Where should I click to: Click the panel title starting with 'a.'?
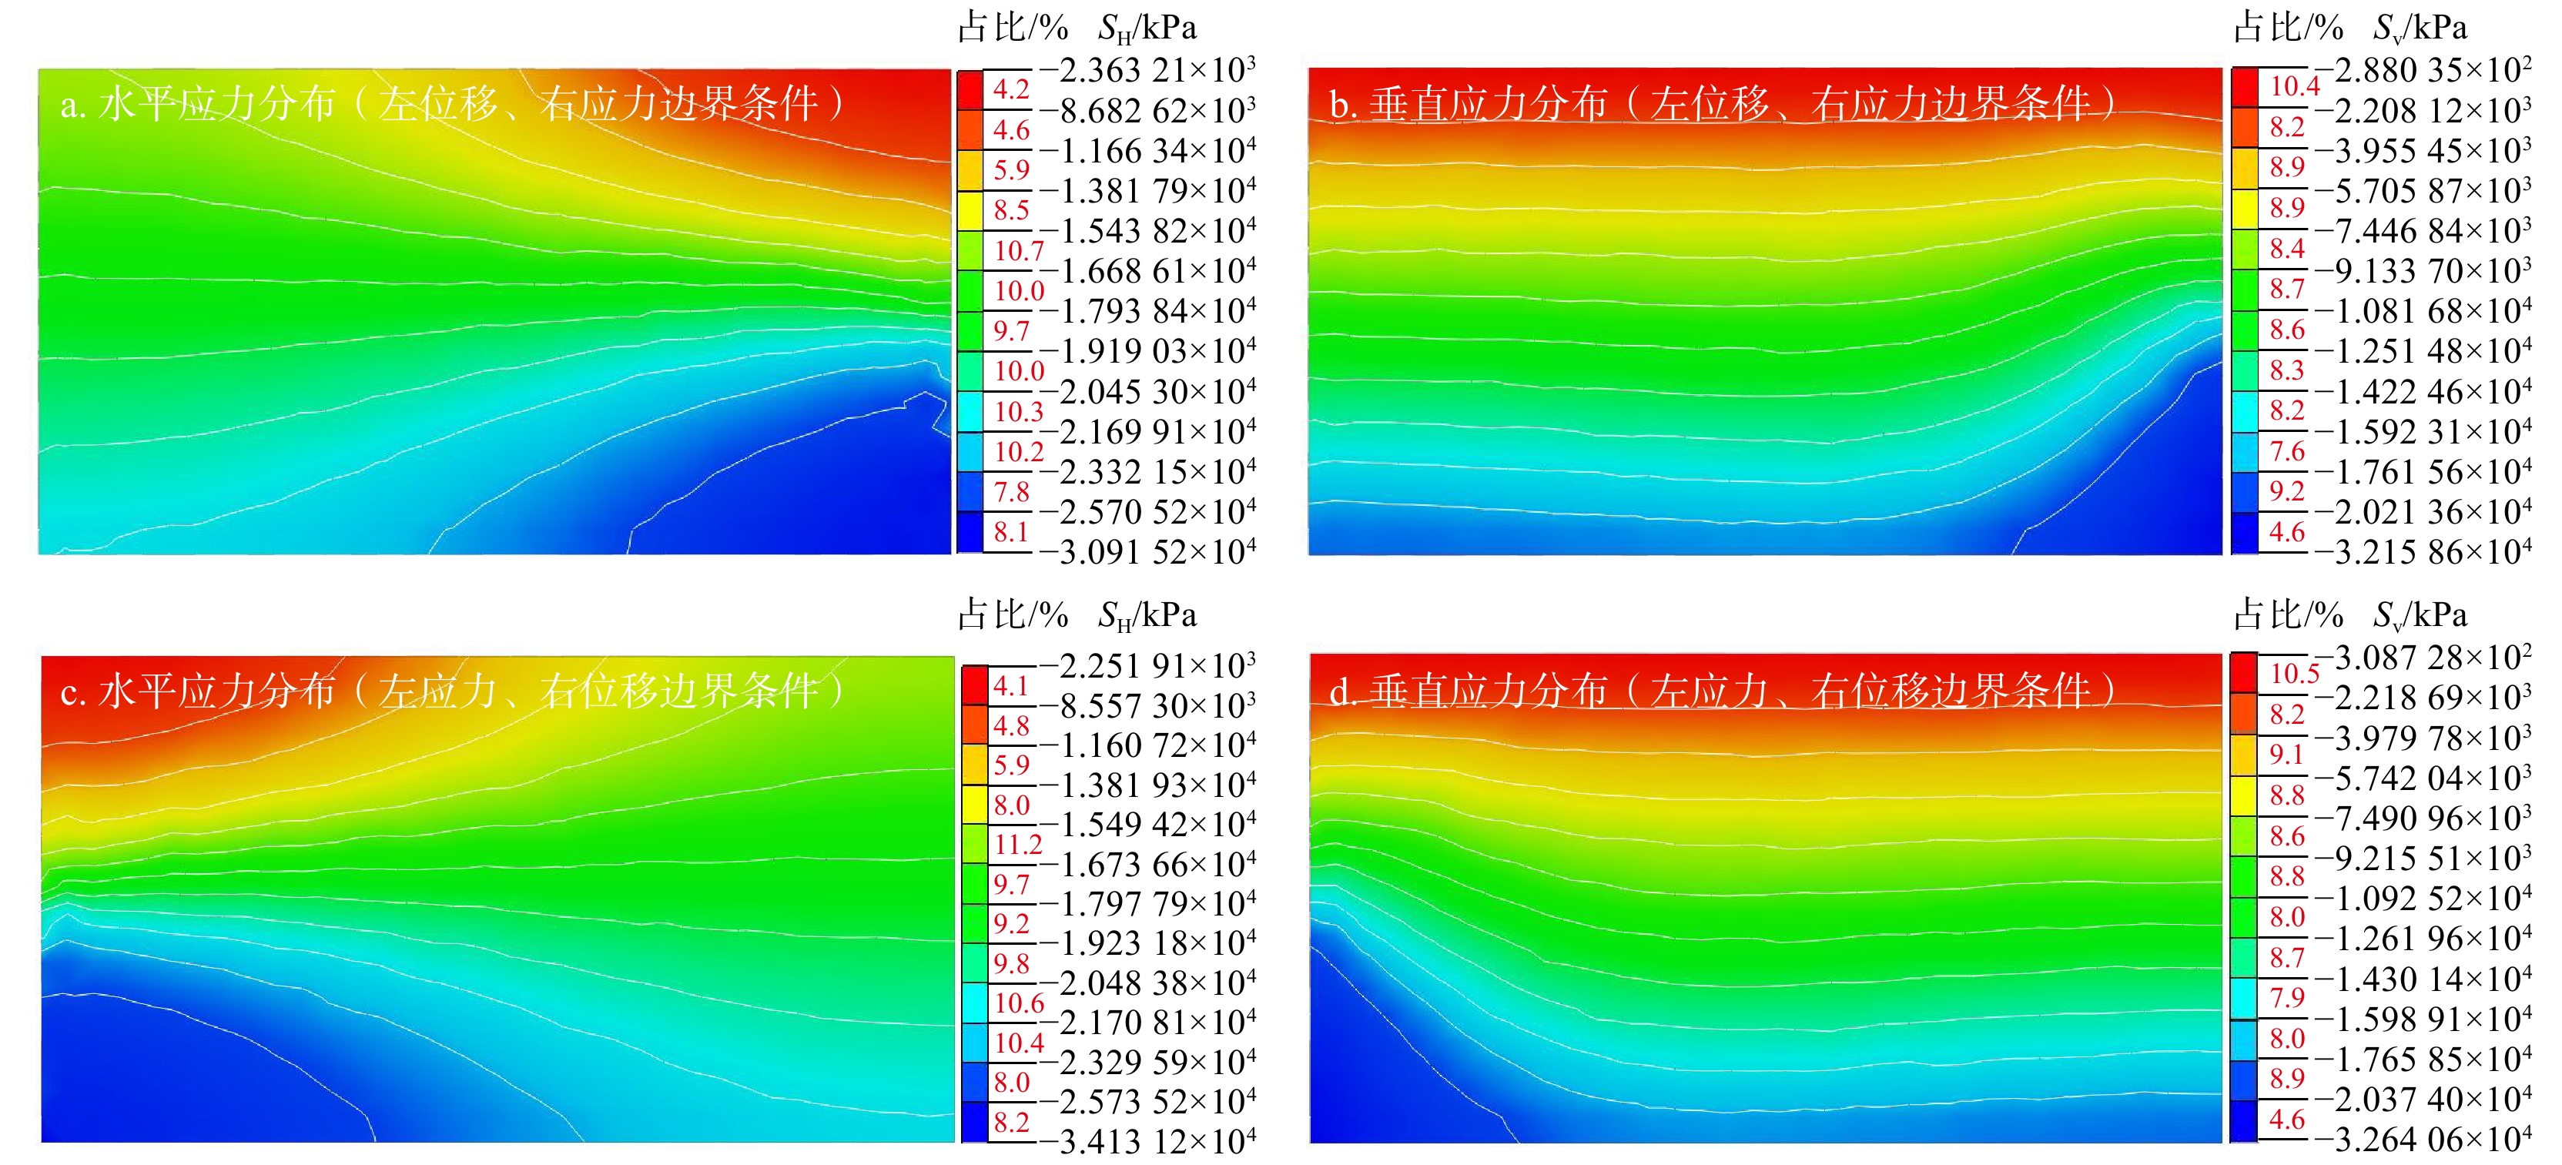coord(453,103)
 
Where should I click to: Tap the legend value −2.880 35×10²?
coord(2423,69)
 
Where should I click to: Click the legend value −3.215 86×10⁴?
coord(2423,551)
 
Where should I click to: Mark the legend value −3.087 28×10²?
coord(2423,657)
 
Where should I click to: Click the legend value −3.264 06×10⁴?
coord(2423,1138)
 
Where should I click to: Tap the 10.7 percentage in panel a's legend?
coord(1020,251)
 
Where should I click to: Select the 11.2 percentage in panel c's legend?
coord(1020,845)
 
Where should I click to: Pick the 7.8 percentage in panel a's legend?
coord(1011,491)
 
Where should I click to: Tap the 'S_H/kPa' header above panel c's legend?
coord(1147,614)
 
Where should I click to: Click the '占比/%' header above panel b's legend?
coord(2289,27)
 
